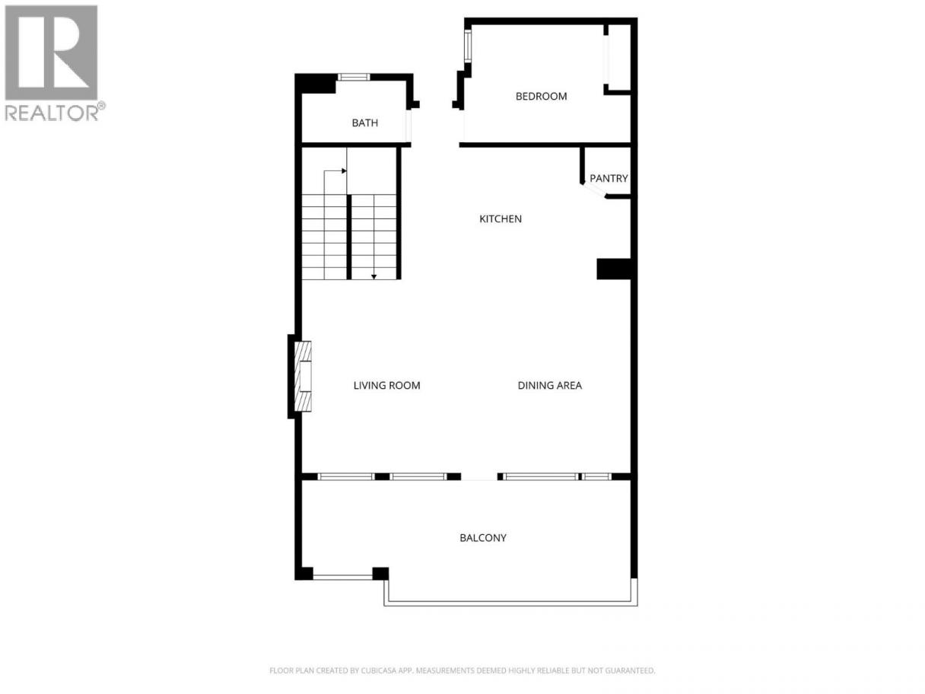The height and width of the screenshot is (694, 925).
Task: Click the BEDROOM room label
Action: pyautogui.click(x=541, y=96)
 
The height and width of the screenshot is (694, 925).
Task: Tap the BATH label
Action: pyautogui.click(x=365, y=123)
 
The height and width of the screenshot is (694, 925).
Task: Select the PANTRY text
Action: pyautogui.click(x=609, y=178)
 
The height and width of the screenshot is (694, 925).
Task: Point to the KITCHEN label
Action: pyautogui.click(x=501, y=218)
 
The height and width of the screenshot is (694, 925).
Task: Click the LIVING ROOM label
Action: pyautogui.click(x=387, y=385)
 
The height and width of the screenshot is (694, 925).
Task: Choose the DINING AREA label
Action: pyautogui.click(x=549, y=385)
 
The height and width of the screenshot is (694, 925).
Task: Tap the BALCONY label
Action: pyautogui.click(x=483, y=538)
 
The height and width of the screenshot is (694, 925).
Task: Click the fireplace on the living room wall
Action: pyautogui.click(x=303, y=376)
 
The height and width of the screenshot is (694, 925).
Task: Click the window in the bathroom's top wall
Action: pyautogui.click(x=354, y=77)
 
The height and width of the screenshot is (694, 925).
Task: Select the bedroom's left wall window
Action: pyautogui.click(x=468, y=46)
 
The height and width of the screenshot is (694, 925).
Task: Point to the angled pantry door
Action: pyautogui.click(x=594, y=190)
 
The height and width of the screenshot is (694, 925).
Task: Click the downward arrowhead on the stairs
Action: pyautogui.click(x=373, y=277)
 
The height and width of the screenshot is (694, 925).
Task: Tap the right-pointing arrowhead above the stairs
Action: pyautogui.click(x=344, y=170)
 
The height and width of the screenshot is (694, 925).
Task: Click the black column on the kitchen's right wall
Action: pyautogui.click(x=614, y=269)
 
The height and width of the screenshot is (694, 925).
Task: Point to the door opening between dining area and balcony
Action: pyautogui.click(x=479, y=477)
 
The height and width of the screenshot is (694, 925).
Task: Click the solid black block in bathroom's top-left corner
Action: pyautogui.click(x=315, y=84)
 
